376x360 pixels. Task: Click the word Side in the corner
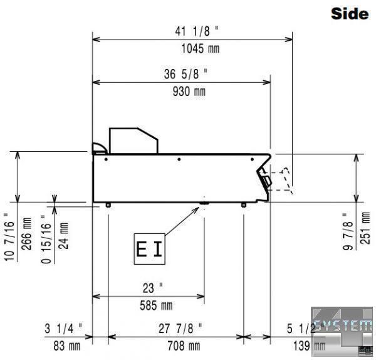pos(350,14)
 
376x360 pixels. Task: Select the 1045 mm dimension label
pos(201,48)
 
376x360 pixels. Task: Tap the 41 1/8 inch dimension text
pos(197,31)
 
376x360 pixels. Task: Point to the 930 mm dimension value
pos(189,92)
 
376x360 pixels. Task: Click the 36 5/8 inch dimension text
pos(185,74)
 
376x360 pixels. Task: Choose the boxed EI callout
pos(149,249)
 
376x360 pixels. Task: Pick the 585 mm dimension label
pos(156,305)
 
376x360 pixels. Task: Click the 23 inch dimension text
pos(153,288)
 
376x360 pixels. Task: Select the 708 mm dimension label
pos(184,346)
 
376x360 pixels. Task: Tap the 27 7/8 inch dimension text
pos(180,329)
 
